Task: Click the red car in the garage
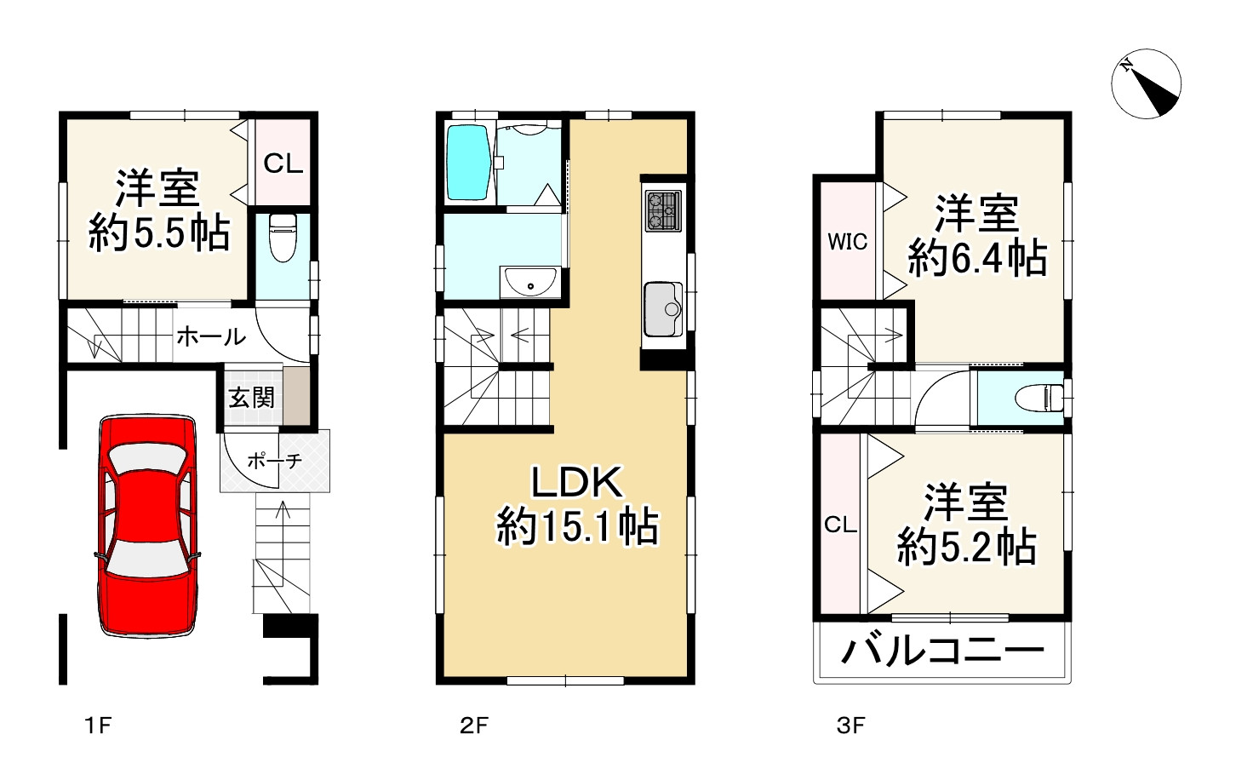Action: point(147,525)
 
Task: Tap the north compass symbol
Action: point(1146,83)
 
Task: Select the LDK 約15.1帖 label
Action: point(577,505)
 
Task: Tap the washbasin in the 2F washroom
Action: point(529,281)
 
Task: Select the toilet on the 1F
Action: point(283,239)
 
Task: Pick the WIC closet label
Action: point(847,242)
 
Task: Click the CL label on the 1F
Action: point(283,163)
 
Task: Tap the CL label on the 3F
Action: point(840,525)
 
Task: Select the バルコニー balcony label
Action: point(942,652)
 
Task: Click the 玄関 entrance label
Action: point(252,398)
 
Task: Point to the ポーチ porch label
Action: point(274,462)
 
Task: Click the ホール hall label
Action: point(211,337)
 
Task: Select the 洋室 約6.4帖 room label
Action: point(977,235)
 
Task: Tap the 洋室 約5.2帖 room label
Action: point(967,525)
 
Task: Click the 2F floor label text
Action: point(474,726)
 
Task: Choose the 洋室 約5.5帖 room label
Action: point(159,210)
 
